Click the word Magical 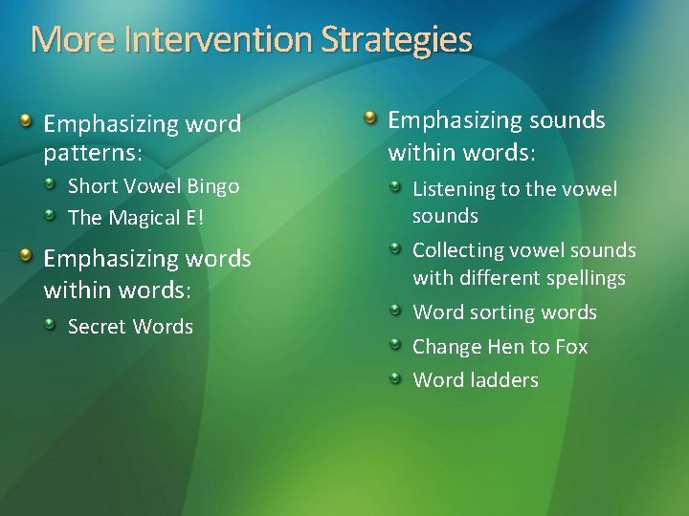coord(143,218)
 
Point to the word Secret coord(97,327)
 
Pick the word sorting coord(505,312)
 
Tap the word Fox coord(571,347)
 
